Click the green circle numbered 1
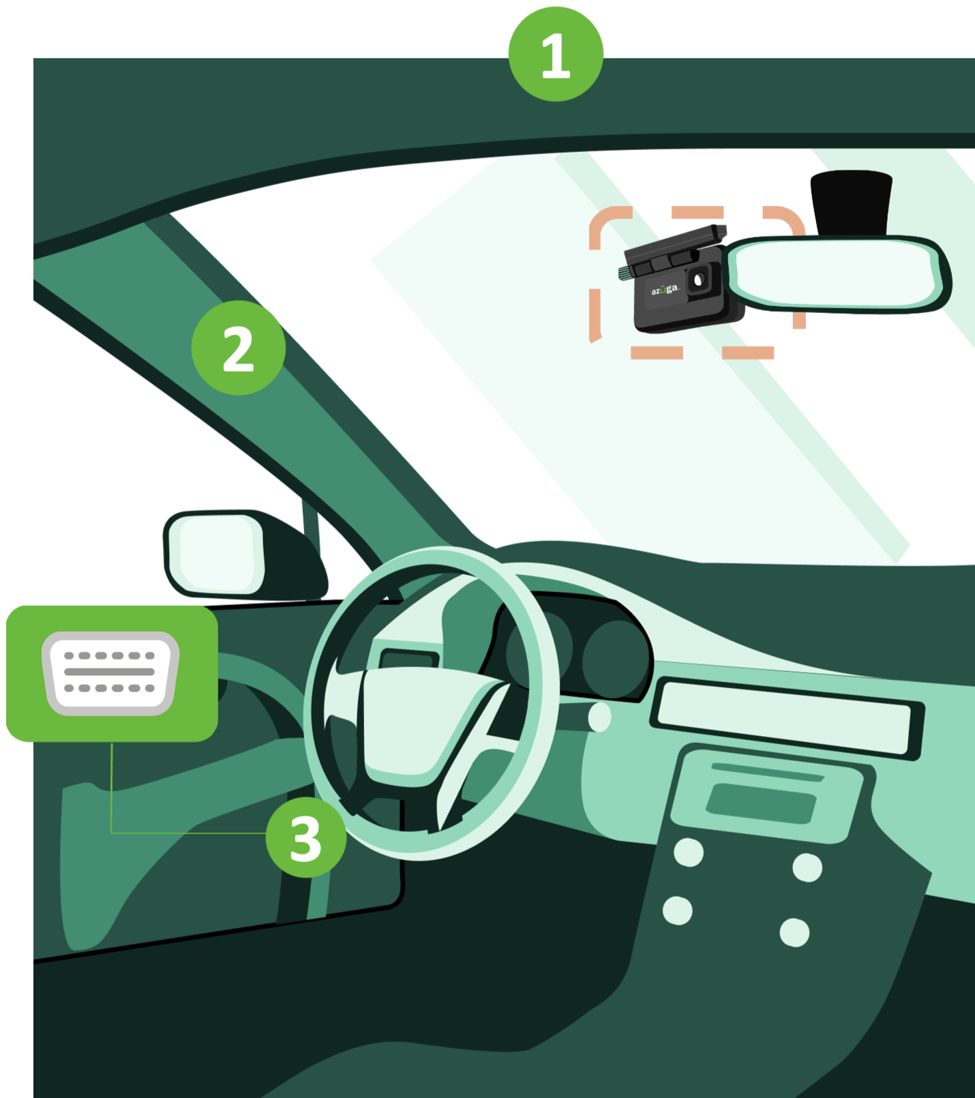556,55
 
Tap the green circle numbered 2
239,348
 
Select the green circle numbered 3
306,837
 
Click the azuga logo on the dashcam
665,290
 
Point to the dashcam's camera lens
699,280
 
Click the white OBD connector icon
110,673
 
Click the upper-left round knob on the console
689,852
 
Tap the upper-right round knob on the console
807,867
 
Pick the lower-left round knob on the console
678,910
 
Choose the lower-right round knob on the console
795,932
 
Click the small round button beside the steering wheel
599,717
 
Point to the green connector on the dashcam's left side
625,273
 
